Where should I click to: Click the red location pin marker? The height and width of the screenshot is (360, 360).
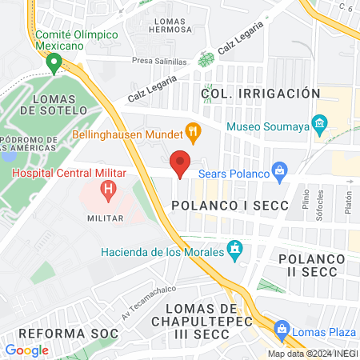point(182,163)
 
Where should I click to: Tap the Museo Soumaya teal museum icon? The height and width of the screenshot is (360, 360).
point(320,122)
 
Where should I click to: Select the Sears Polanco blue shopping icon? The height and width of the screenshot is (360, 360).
point(279,169)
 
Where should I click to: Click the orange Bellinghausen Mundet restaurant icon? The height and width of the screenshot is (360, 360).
point(192,130)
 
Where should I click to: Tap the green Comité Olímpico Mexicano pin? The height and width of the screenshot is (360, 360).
point(54,62)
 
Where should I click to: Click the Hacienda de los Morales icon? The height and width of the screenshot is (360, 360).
point(234,250)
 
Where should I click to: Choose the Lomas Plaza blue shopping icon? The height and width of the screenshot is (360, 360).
point(281,328)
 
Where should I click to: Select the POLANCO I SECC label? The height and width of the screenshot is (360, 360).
point(223,206)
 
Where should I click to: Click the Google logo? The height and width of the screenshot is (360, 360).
point(27,350)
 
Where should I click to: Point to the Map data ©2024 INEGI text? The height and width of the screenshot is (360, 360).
point(312,354)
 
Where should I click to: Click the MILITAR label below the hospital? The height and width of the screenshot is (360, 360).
point(105,218)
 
